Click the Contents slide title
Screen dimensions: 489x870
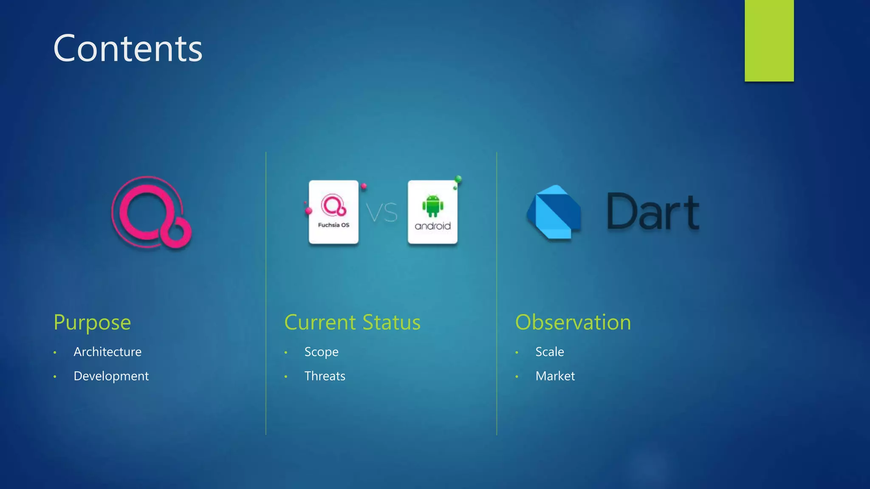point(128,49)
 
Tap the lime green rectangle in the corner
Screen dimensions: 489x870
point(769,40)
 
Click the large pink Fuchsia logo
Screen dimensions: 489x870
point(151,212)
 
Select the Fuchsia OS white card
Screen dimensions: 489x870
point(333,212)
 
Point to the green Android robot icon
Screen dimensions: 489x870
point(432,205)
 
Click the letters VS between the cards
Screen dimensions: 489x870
point(382,213)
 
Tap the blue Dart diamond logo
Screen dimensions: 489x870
point(554,212)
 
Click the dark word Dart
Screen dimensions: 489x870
point(652,212)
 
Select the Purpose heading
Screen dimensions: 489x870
point(92,322)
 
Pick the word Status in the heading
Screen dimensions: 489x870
point(391,322)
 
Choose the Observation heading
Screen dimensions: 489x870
point(573,322)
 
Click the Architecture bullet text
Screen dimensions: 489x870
point(107,352)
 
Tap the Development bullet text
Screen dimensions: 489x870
point(111,376)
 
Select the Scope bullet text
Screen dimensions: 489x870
point(321,352)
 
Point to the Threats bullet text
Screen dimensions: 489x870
point(325,376)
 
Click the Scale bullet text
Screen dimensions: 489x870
point(550,352)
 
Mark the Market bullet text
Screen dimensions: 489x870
point(555,376)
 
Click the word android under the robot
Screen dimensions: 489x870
point(432,226)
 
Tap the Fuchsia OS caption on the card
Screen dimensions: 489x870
point(333,225)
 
